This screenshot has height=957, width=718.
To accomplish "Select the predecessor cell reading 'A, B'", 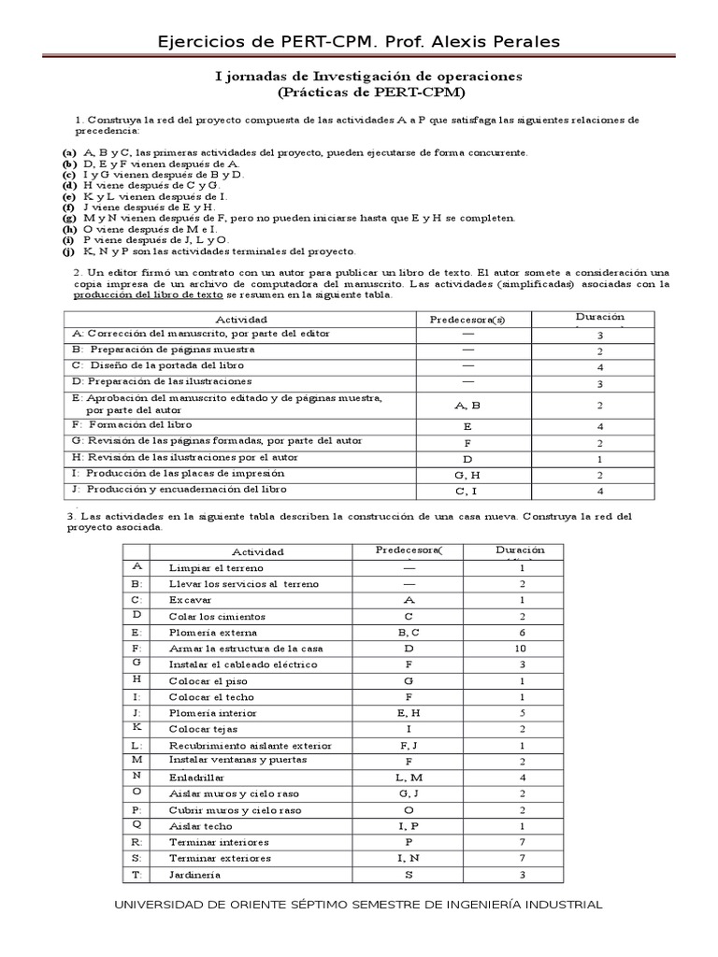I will point(467,406).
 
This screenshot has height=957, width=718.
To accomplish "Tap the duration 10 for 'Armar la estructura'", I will point(522,648).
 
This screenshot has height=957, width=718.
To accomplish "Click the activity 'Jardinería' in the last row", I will point(194,875).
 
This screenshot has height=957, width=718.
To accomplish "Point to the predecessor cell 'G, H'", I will point(467,475).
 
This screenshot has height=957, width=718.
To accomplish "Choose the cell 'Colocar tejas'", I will point(204,728).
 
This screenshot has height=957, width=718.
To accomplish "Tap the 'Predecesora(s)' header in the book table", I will point(467,320).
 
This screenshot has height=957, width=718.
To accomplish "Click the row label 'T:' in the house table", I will point(136,875).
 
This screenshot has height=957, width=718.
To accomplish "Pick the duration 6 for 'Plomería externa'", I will point(522,632).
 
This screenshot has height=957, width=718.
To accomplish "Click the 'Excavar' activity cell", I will point(190,599).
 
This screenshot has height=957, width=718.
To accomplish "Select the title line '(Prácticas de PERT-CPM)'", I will point(371,93).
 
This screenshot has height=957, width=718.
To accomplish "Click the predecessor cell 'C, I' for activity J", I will point(467,491).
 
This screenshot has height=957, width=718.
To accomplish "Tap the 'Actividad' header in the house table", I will point(257,551).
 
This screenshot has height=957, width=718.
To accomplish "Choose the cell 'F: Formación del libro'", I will point(124,425).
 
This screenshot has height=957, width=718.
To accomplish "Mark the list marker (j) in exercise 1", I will point(68,251).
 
